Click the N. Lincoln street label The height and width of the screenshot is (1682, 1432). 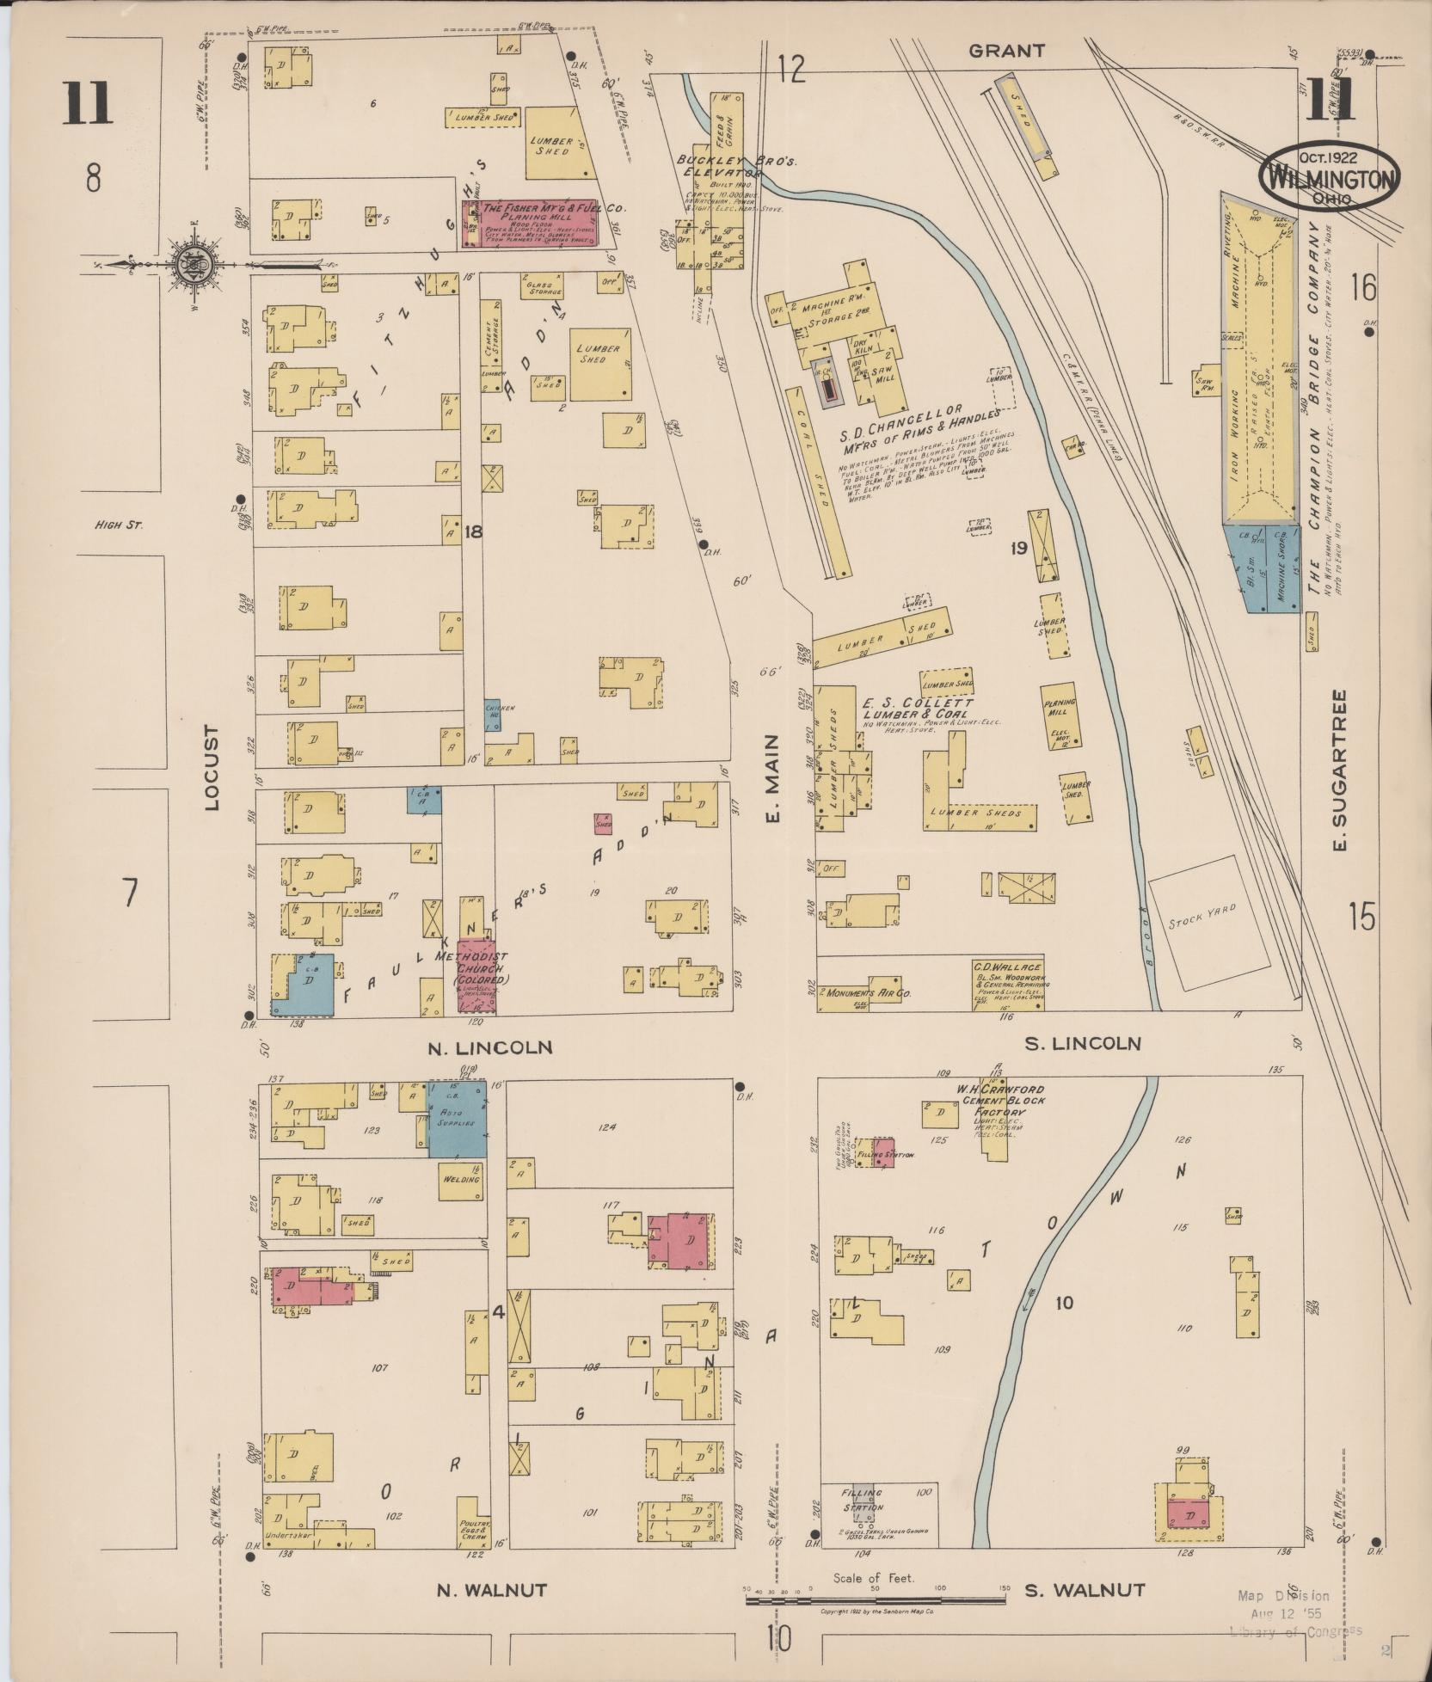(489, 1047)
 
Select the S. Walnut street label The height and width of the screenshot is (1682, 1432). (1085, 1590)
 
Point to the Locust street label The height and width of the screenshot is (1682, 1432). (212, 768)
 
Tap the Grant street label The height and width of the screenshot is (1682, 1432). (1006, 51)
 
